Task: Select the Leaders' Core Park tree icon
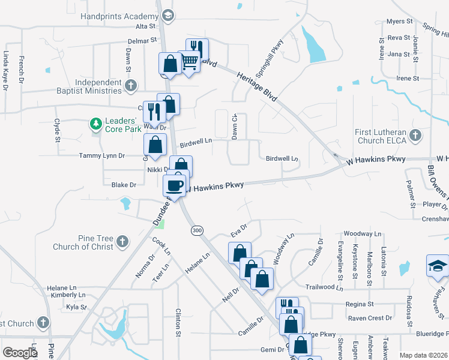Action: (x=95, y=124)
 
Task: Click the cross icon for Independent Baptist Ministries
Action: (x=131, y=86)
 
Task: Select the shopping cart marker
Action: (x=189, y=61)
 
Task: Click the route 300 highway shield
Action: (x=196, y=230)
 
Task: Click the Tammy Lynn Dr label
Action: (x=101, y=155)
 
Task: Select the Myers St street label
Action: (x=400, y=22)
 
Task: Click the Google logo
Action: (x=20, y=353)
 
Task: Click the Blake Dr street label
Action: (x=124, y=185)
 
